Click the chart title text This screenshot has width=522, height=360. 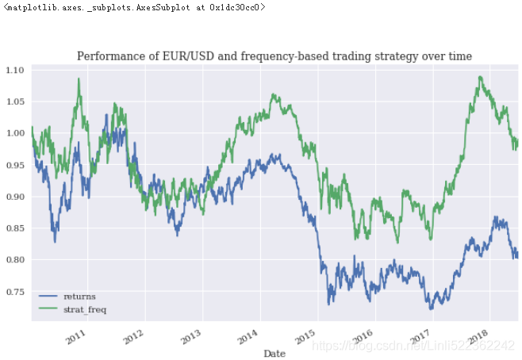[x=274, y=56]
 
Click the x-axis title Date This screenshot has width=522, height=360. [x=274, y=352]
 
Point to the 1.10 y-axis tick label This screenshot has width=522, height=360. [x=16, y=71]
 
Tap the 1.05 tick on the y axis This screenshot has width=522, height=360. [x=16, y=102]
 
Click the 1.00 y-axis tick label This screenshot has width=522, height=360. [x=16, y=133]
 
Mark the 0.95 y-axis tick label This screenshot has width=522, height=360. [x=16, y=165]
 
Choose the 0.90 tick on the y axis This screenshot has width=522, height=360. [x=16, y=197]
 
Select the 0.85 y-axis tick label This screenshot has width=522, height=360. [x=16, y=228]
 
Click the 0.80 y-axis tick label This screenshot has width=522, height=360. [x=16, y=260]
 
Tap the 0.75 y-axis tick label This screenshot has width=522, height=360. [x=16, y=292]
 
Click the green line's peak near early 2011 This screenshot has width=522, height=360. [x=79, y=79]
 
